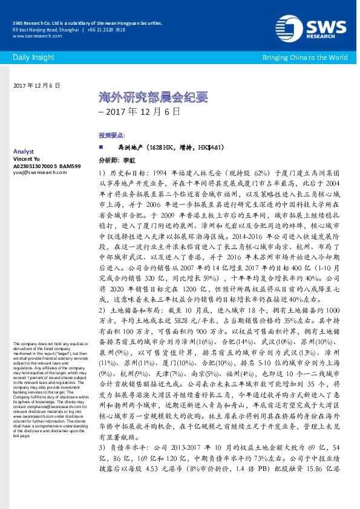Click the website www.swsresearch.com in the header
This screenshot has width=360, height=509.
[x=33, y=36]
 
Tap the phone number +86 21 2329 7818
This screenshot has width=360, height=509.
[x=106, y=30]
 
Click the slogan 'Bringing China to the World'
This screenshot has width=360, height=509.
[x=304, y=57]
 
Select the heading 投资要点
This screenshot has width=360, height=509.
[x=111, y=135]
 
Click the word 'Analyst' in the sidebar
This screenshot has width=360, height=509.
[x=23, y=151]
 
